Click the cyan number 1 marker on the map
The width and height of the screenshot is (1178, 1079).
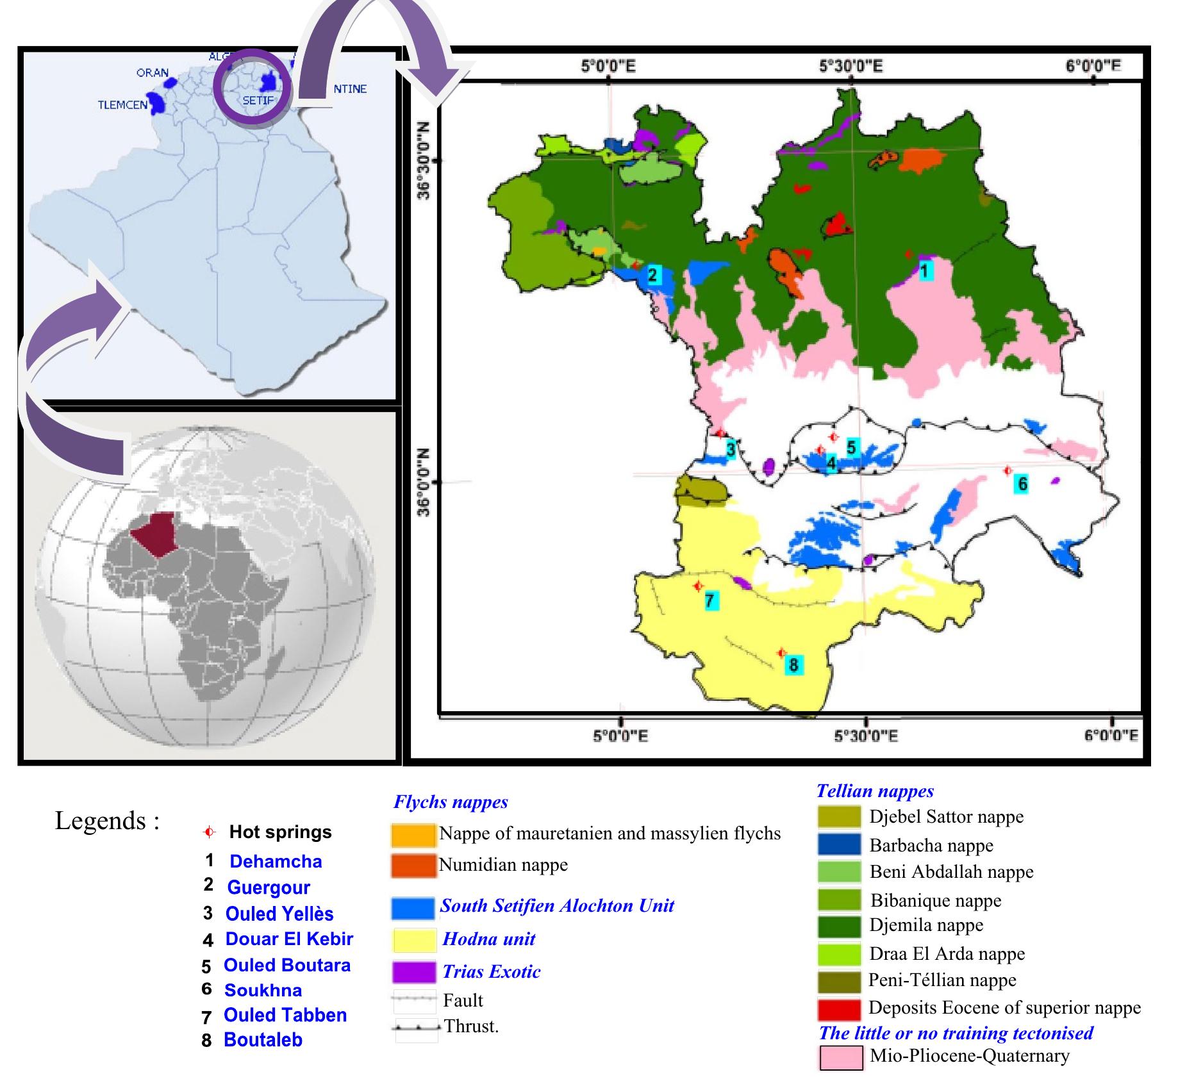924,271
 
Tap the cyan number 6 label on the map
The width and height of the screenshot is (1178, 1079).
1022,483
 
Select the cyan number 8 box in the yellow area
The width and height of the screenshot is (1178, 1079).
793,664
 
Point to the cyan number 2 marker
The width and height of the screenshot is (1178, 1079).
652,275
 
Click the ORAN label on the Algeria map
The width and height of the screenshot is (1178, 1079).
153,72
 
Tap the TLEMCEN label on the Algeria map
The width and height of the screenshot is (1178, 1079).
122,105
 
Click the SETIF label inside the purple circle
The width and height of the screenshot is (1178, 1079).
258,101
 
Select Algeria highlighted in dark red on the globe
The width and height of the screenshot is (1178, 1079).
154,534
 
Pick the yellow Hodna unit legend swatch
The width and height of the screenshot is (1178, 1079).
413,940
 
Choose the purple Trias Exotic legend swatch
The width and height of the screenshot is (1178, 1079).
413,972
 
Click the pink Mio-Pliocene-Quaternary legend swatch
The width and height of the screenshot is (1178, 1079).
841,1058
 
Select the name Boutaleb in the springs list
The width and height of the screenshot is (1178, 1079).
263,1040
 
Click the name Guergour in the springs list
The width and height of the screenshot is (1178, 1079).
269,887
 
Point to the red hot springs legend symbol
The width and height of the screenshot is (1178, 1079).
208,832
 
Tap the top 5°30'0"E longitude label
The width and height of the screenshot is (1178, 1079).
850,66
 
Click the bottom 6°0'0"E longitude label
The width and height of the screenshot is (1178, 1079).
1111,736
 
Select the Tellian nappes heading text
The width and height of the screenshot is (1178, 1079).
875,791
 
